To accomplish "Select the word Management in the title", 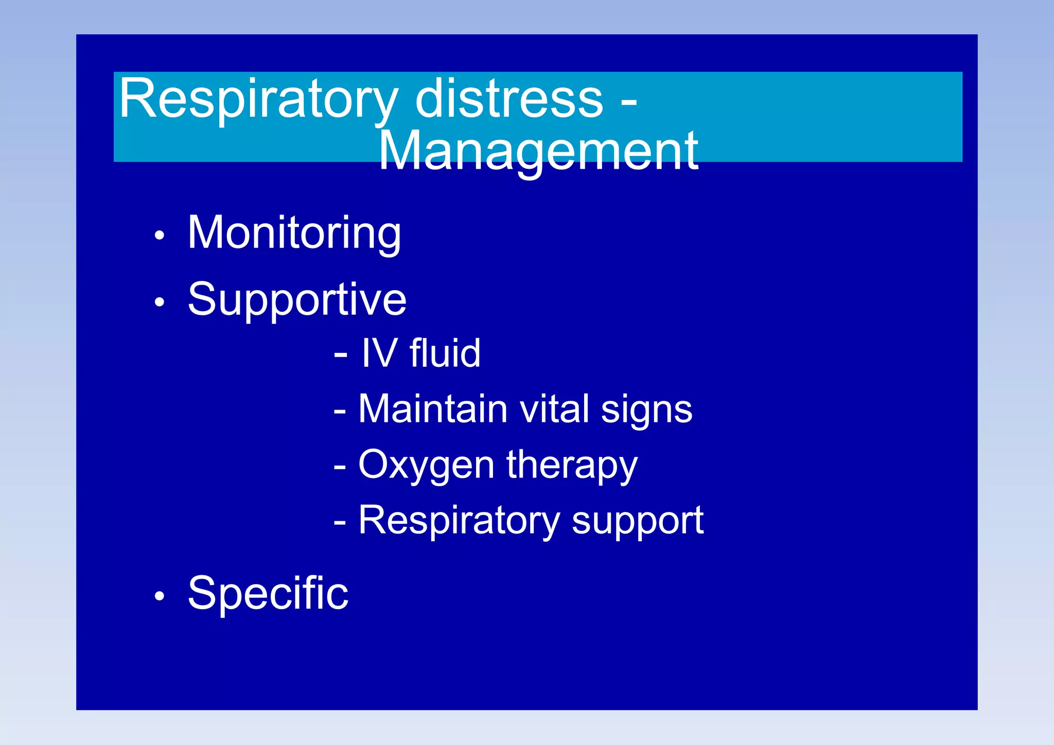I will click(538, 151).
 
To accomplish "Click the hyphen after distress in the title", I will click(628, 101).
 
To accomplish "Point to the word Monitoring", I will click(294, 233).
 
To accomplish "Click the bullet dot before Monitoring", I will click(160, 236).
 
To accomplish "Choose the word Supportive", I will click(297, 300).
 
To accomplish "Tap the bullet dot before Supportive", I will click(160, 302).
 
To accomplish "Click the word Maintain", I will click(433, 409).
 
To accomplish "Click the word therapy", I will click(572, 466).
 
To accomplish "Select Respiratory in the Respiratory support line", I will click(459, 521).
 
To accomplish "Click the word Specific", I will click(268, 594).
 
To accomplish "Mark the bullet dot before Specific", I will click(160, 596).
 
